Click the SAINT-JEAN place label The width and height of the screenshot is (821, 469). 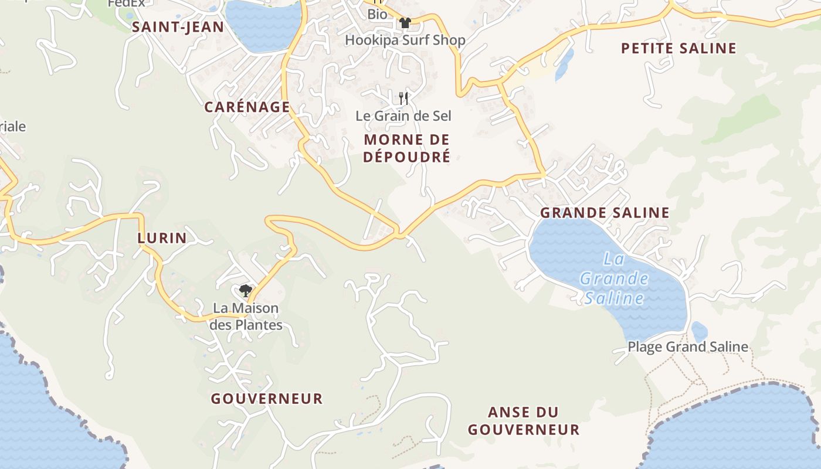pyautogui.click(x=178, y=26)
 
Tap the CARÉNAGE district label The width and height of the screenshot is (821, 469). pyautogui.click(x=247, y=107)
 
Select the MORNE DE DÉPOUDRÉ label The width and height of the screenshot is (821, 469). pyautogui.click(x=406, y=148)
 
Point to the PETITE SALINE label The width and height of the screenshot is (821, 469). pyautogui.click(x=678, y=48)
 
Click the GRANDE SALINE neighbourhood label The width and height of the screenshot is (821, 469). pyautogui.click(x=605, y=212)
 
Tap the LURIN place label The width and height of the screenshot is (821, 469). pyautogui.click(x=162, y=237)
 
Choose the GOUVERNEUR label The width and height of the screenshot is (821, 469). pyautogui.click(x=267, y=399)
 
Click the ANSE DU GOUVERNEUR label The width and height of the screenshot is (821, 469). pyautogui.click(x=523, y=421)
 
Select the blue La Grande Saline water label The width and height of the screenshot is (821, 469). pyautogui.click(x=614, y=278)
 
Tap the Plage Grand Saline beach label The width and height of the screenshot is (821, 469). pyautogui.click(x=688, y=346)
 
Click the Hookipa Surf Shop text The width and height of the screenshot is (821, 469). pyautogui.click(x=405, y=40)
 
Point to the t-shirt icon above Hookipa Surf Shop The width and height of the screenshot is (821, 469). pyautogui.click(x=405, y=23)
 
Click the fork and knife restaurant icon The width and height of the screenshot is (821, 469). pyautogui.click(x=403, y=98)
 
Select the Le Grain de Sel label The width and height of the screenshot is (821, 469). pyautogui.click(x=403, y=115)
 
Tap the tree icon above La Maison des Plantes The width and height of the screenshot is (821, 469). pyautogui.click(x=245, y=290)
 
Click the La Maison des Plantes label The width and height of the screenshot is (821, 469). pyautogui.click(x=246, y=316)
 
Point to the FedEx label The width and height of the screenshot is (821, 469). pyautogui.click(x=125, y=4)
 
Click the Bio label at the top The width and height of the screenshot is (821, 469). pyautogui.click(x=377, y=14)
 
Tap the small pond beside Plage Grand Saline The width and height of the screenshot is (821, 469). pyautogui.click(x=699, y=331)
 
